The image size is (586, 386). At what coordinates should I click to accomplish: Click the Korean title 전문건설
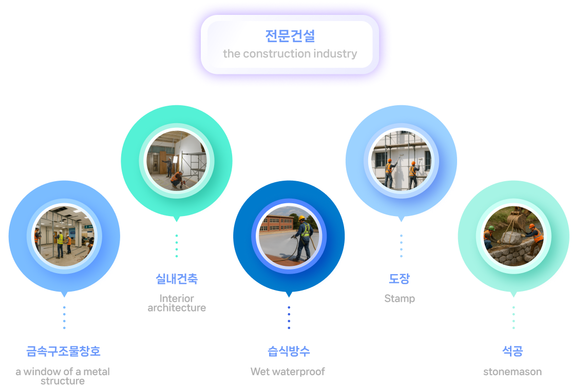(290, 36)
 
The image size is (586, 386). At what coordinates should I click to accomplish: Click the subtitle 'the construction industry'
(290, 54)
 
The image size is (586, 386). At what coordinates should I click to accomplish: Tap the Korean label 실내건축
(177, 279)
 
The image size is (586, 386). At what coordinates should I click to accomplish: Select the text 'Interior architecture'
(177, 303)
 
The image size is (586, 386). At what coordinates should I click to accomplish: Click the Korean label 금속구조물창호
(63, 352)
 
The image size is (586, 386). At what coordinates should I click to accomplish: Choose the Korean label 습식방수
(289, 352)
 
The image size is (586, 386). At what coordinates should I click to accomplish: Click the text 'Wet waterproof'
(288, 372)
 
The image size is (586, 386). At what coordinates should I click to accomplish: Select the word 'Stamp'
(400, 299)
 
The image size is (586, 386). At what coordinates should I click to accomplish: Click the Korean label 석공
(512, 352)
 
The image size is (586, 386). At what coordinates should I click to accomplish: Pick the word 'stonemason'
(512, 372)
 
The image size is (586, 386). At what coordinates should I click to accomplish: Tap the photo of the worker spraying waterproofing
(289, 236)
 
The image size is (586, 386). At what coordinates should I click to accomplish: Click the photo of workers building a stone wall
(513, 236)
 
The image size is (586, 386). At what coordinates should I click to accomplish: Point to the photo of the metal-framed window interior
(64, 236)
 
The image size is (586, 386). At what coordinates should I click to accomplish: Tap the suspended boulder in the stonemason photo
(511, 238)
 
